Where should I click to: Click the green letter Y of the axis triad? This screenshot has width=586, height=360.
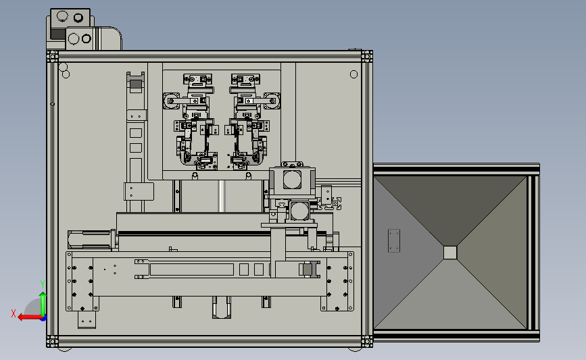tap(43, 284)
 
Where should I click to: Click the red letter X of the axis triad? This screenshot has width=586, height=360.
tap(14, 313)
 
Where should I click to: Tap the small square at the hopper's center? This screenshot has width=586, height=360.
tap(450, 253)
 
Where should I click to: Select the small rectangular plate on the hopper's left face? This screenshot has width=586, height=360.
tap(394, 240)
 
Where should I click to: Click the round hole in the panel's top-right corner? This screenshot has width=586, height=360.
tap(353, 74)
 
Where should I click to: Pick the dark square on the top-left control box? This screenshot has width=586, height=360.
tap(58, 34)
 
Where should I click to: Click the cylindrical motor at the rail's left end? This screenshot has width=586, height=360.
tap(90, 240)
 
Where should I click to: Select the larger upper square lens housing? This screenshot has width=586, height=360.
tap(292, 179)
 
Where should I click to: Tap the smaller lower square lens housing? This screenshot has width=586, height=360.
tap(299, 211)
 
